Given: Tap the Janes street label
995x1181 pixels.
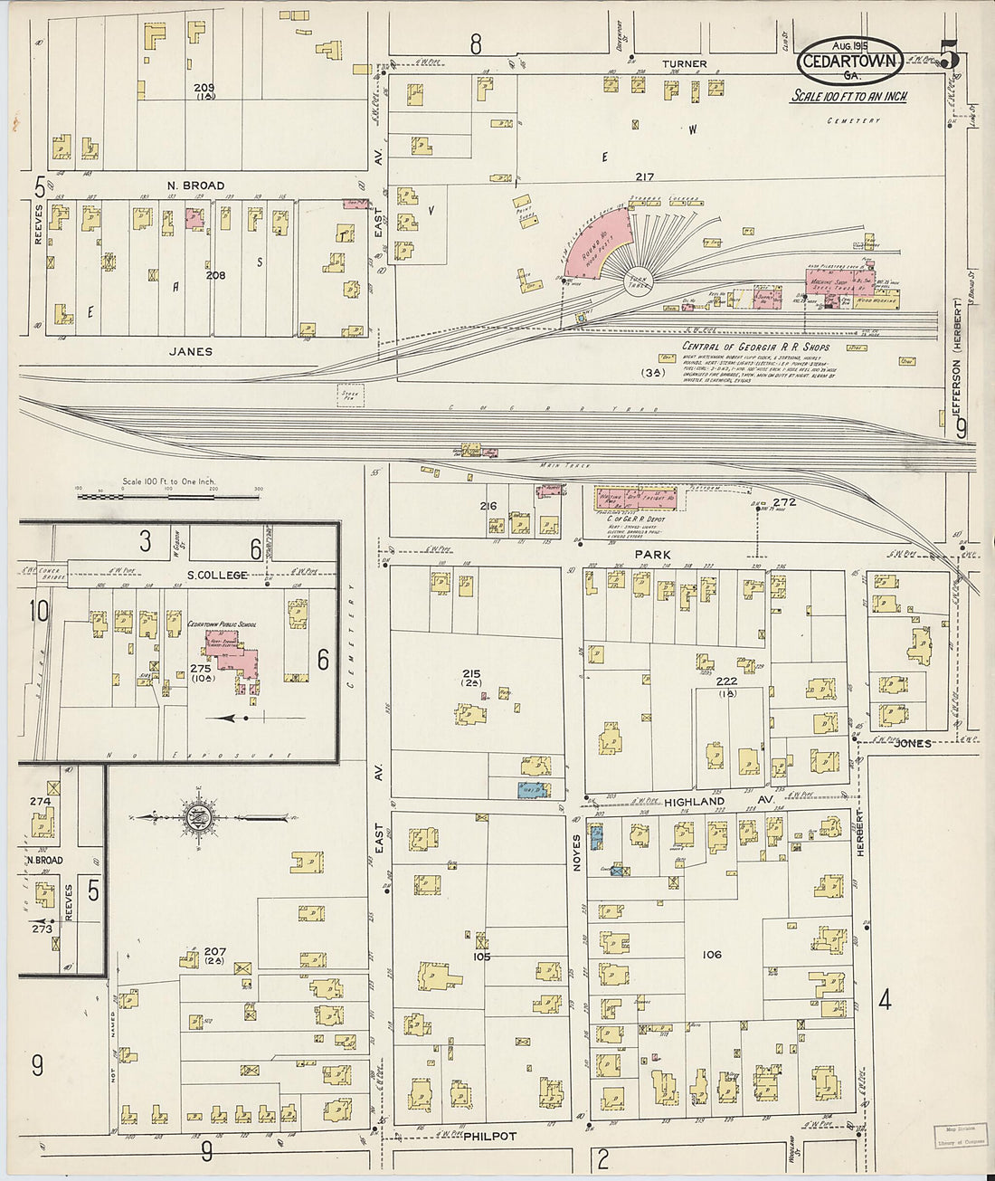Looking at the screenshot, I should pos(191,351).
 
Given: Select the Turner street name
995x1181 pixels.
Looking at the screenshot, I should pos(684,64).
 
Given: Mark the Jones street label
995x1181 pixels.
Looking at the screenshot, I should pos(912,743).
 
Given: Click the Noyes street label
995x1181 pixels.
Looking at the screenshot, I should pos(576,852).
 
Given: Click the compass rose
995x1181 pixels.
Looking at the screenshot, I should pos(197,817).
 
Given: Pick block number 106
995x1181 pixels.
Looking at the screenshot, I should pos(712,954).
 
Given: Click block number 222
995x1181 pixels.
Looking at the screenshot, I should pos(726,681).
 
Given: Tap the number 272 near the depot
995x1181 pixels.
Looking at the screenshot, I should pos(784,502).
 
